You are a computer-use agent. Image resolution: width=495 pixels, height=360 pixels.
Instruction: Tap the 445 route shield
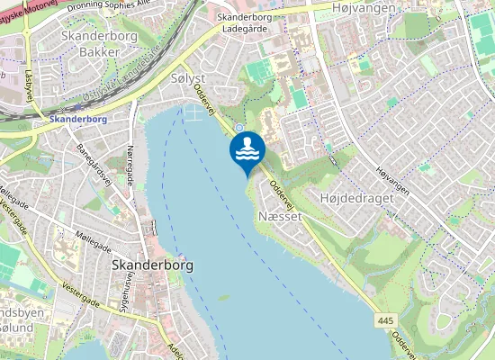(387, 320)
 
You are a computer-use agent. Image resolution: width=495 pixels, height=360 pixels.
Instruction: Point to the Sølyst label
(188, 79)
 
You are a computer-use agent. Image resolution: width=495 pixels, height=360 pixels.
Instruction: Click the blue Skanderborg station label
(78, 119)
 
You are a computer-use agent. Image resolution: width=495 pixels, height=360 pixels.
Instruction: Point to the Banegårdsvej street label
(94, 162)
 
